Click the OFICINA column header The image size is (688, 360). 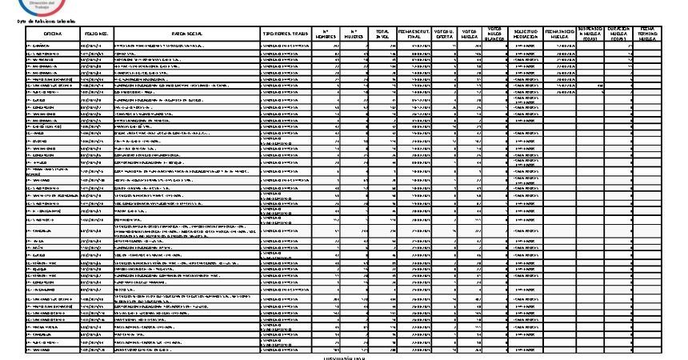click(54, 34)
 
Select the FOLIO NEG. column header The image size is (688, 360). click(97, 34)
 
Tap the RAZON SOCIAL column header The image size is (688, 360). click(187, 34)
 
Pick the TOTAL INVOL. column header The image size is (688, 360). click(382, 34)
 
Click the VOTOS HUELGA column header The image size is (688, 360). click(470, 34)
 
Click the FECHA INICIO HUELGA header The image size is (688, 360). click(559, 34)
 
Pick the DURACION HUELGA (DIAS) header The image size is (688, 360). click(618, 34)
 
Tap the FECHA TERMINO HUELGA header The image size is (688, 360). click(647, 34)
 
